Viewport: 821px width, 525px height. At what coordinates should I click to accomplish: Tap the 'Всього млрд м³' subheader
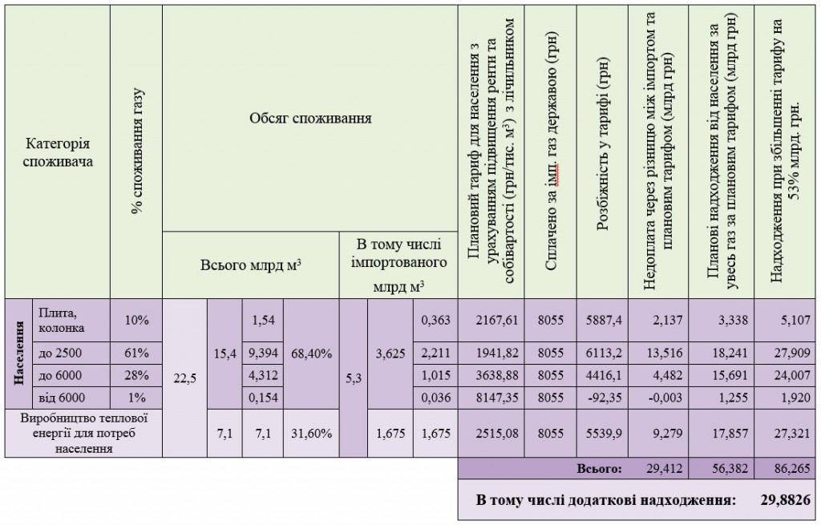coord(250,265)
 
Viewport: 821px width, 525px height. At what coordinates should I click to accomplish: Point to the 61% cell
coord(136,353)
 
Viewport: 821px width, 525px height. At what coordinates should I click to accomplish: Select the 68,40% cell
coord(311,353)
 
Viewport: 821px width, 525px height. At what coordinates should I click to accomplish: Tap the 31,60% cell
coord(311,434)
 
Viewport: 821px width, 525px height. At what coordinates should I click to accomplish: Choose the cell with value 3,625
coord(390,353)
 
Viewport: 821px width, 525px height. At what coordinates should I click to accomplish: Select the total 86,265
coord(790,467)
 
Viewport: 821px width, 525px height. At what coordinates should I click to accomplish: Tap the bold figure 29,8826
coord(785,501)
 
